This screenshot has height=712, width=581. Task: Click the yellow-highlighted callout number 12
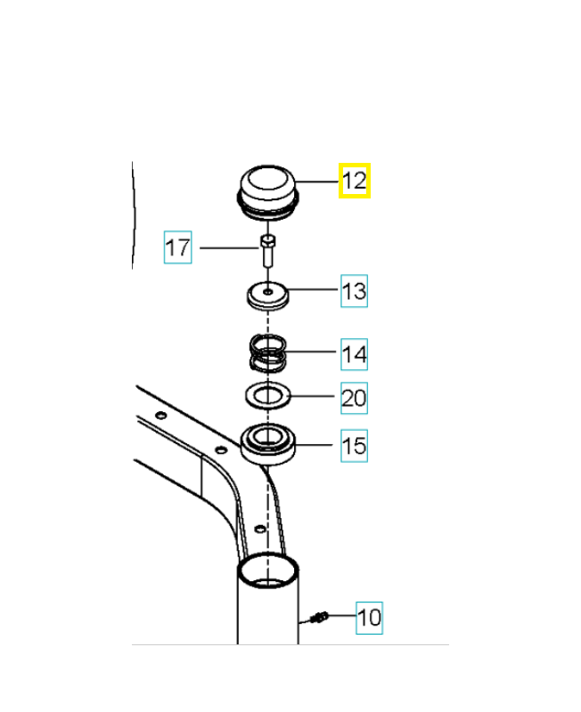tap(355, 181)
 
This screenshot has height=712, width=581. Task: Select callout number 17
tap(177, 247)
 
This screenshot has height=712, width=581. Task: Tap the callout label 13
tap(354, 291)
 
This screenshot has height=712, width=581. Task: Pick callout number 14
tap(354, 354)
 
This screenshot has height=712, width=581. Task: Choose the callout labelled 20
tap(354, 398)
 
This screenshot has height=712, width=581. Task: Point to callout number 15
tap(354, 446)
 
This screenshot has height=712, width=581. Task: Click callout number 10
tap(369, 618)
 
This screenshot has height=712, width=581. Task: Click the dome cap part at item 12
tap(267, 193)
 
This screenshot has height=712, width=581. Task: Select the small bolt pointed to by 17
tap(267, 251)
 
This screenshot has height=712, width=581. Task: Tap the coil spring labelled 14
tap(268, 353)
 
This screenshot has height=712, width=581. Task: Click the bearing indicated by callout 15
tap(267, 444)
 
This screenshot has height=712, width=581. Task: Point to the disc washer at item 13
tap(267, 296)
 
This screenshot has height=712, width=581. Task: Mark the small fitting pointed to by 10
tap(320, 617)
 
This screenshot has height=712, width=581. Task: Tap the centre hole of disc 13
tap(268, 292)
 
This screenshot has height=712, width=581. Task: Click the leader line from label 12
tap(317, 182)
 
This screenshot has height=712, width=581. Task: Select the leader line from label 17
tap(230, 248)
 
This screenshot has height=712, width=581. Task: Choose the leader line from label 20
tap(315, 396)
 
